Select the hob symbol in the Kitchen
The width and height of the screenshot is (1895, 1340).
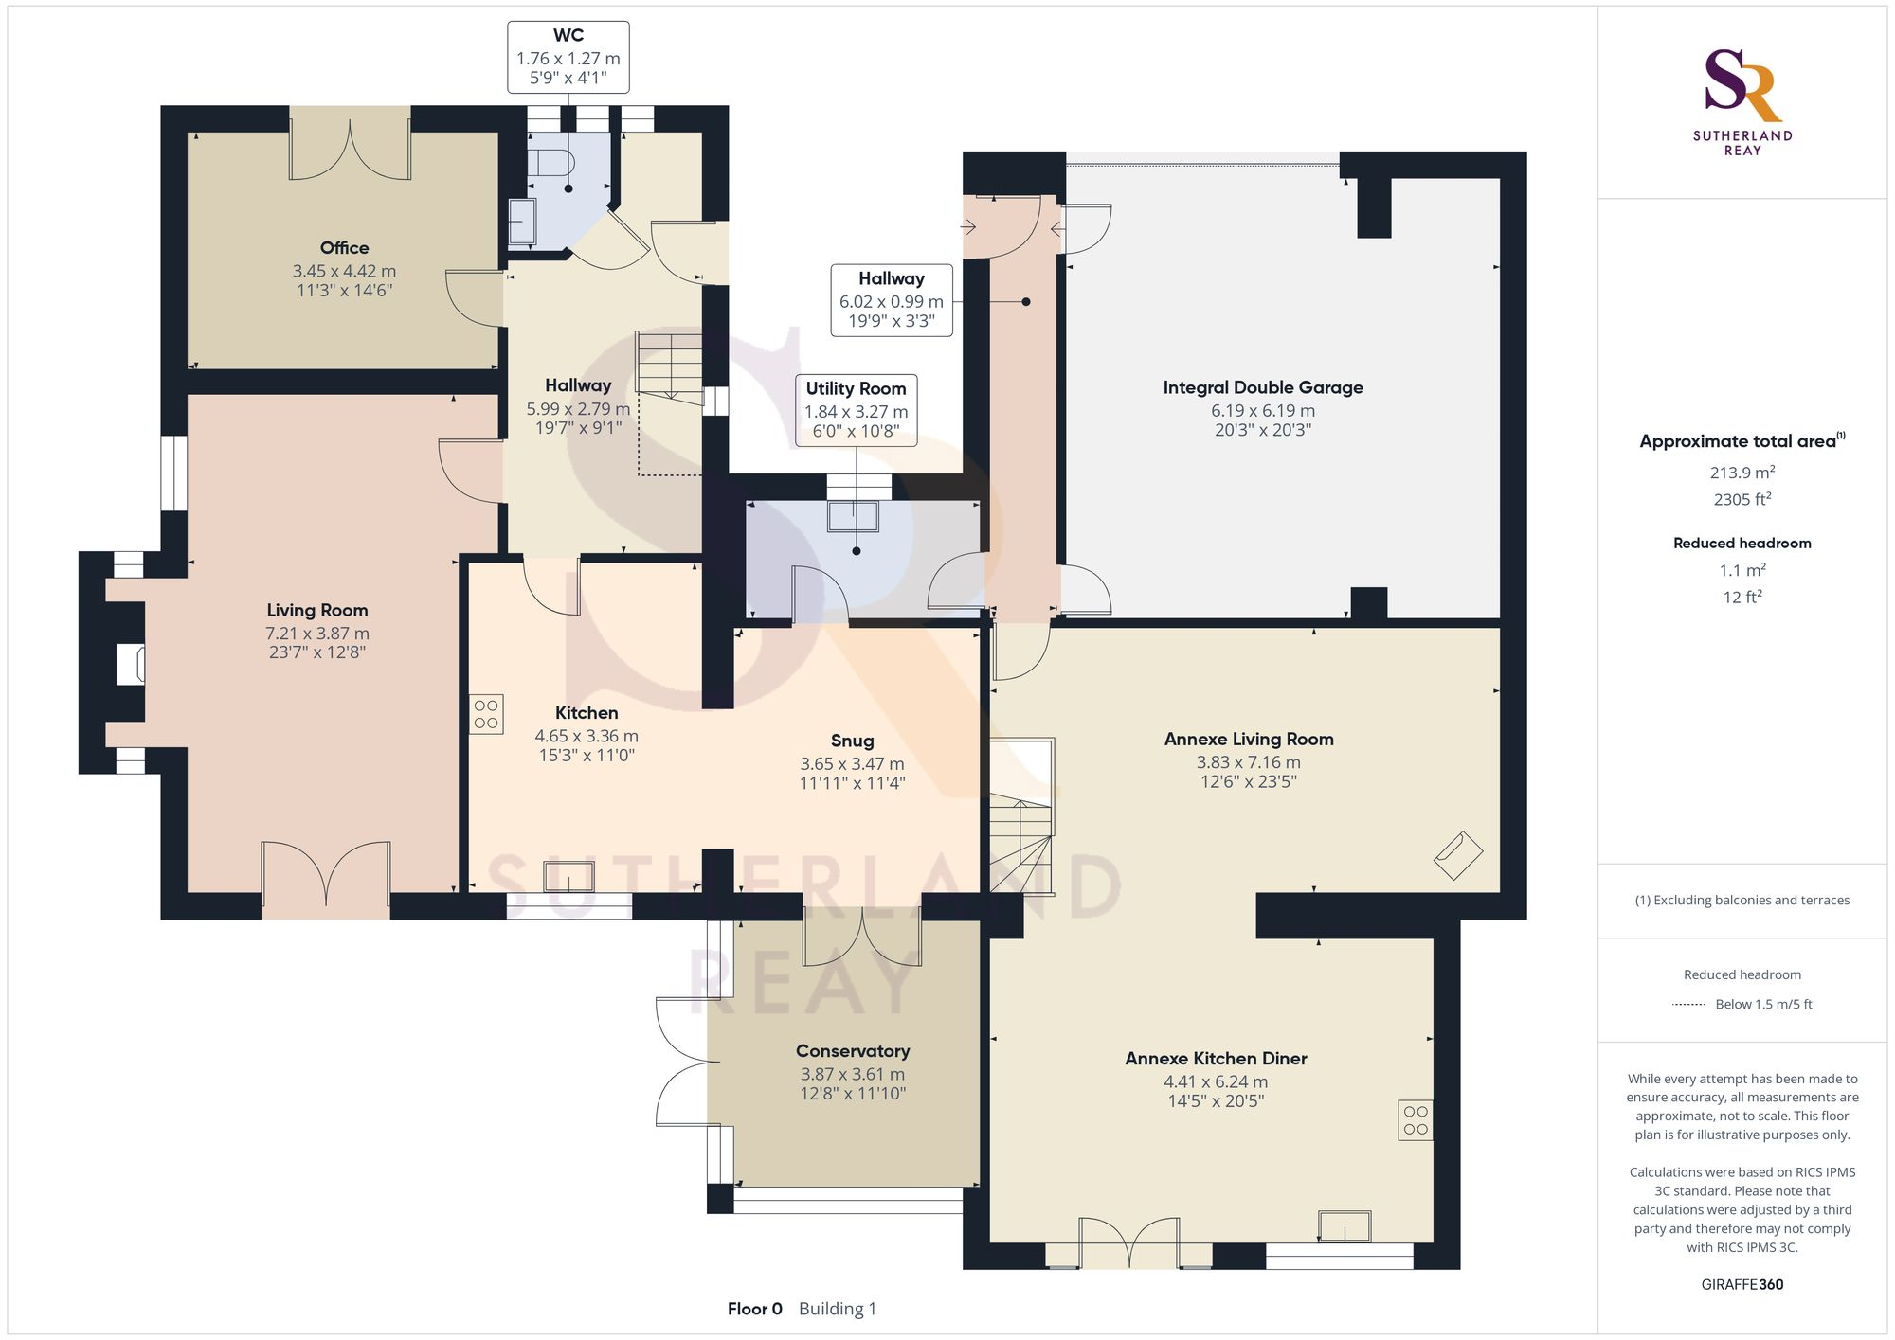(486, 714)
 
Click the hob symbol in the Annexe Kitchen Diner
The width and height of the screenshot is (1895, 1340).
(1416, 1119)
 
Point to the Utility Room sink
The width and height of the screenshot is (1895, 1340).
(853, 517)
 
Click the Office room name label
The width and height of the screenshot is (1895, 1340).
(344, 248)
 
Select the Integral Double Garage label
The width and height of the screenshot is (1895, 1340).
(1262, 387)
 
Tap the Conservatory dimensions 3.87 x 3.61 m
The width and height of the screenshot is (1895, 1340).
(852, 1074)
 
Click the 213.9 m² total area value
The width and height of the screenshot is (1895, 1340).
(1742, 473)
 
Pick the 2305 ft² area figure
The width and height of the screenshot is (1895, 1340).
(1742, 499)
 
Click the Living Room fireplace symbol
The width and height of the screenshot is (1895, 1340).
(131, 664)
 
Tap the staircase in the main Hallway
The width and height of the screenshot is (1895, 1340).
(669, 365)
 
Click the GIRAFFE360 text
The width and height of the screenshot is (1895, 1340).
(1742, 1285)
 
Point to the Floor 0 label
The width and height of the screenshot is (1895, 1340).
(754, 1309)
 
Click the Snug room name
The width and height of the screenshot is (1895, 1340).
(852, 741)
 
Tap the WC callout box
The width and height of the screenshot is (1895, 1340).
(568, 57)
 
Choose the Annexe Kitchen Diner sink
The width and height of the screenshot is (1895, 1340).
(1344, 1226)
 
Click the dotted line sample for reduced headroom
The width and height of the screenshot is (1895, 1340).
(1688, 1005)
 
